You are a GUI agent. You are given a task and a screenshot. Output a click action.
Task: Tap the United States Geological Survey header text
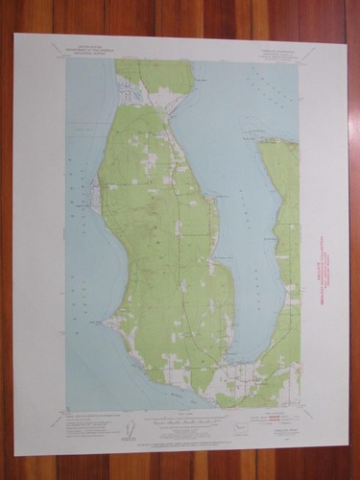92,51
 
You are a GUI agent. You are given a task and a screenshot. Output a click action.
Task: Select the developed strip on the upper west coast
96,192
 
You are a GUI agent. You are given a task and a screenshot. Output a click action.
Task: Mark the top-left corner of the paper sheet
14,36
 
